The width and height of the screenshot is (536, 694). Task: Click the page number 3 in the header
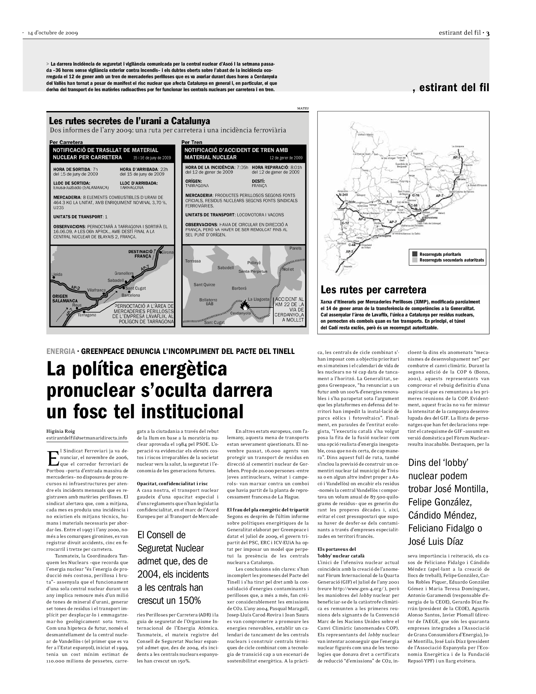487,33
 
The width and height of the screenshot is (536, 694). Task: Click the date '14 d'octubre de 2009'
53,33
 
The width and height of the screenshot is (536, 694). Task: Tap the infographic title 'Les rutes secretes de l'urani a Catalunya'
129,121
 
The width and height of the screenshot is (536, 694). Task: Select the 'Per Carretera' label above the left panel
66,142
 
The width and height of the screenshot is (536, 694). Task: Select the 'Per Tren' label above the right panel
192,142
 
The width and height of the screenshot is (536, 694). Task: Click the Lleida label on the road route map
57,274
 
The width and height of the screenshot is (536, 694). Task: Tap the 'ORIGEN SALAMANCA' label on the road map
65,298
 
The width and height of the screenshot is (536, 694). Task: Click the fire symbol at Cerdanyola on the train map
244,305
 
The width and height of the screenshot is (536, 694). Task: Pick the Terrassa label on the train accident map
193,261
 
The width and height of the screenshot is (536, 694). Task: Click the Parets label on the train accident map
295,248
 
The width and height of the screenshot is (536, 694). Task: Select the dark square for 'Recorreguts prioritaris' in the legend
415,254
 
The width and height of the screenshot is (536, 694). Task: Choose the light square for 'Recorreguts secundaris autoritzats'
415,260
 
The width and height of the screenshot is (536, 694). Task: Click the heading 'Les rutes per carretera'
373,290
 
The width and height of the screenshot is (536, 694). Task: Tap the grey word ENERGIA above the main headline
61,351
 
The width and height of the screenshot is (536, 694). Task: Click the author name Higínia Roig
61,431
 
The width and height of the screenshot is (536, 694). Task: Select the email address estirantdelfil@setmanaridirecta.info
87,438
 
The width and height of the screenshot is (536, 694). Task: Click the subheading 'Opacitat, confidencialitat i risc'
172,484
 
